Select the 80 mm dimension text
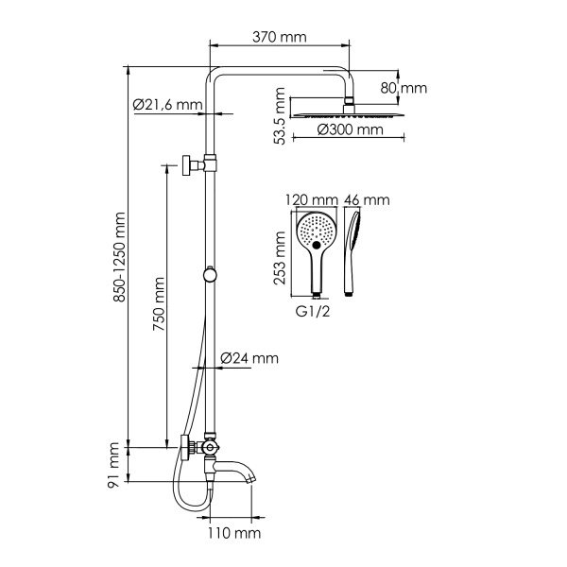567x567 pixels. pos(405,88)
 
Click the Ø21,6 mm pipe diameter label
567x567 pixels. pos(167,104)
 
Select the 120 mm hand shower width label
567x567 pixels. pos(311,200)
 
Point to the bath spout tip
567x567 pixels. pos(251,477)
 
